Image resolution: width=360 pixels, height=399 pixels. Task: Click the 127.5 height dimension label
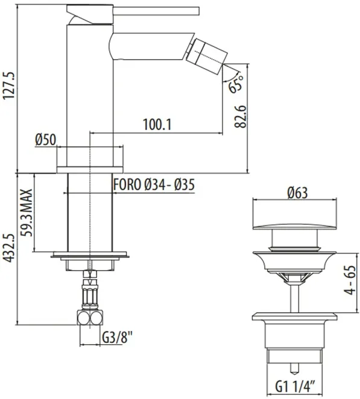[9, 86]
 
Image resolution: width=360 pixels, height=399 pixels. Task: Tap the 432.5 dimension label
[9, 248]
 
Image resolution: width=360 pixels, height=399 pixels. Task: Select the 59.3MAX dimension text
[27, 213]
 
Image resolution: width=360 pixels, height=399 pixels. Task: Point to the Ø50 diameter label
[46, 140]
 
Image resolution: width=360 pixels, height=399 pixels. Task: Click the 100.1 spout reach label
[157, 124]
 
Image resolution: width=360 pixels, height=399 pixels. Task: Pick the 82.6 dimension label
[241, 116]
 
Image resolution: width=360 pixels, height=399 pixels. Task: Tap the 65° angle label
[236, 83]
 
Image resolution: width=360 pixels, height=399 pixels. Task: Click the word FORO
[127, 184]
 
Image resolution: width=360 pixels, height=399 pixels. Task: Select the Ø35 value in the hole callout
[185, 184]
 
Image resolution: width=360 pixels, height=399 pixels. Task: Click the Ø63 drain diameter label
[298, 193]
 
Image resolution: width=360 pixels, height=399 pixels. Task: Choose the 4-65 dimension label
[350, 280]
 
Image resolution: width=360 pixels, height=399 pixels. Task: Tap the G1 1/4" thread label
[295, 388]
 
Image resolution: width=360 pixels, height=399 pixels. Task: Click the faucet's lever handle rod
[156, 11]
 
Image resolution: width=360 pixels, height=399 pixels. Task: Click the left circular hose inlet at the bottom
[83, 318]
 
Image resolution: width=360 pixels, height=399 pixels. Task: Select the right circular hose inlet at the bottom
[96, 318]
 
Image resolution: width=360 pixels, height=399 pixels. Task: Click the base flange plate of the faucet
[90, 170]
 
